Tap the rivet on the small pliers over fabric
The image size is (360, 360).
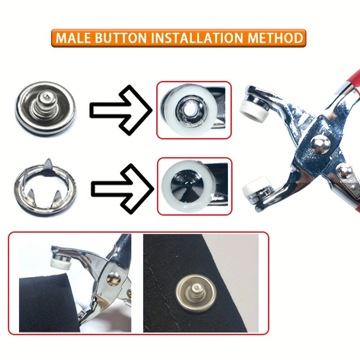114,278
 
